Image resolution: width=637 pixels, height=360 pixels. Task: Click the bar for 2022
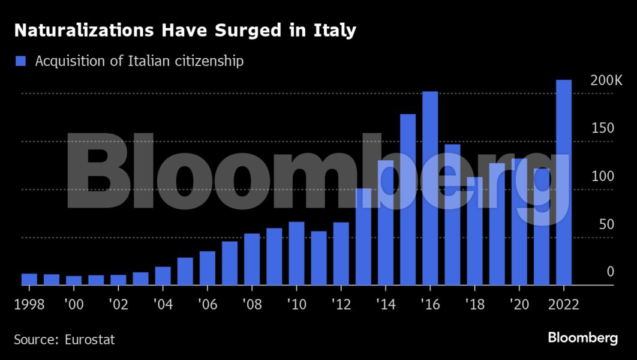click(x=563, y=183)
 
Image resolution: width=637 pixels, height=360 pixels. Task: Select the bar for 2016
click(x=430, y=188)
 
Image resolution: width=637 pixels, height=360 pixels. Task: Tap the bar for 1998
click(x=29, y=279)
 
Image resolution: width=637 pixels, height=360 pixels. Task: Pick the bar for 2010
click(x=296, y=254)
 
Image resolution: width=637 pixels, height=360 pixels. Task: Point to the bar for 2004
click(x=163, y=276)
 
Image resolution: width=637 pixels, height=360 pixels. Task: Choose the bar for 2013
click(x=363, y=237)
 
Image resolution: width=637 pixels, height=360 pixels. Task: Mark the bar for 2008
click(x=252, y=259)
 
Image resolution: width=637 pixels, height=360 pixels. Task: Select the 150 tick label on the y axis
click(x=603, y=128)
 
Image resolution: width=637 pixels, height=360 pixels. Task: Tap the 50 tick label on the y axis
click(x=606, y=224)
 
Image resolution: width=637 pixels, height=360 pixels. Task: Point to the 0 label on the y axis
click(x=610, y=272)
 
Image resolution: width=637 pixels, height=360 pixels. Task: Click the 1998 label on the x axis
click(x=29, y=304)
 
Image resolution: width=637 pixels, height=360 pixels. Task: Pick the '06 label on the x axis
click(x=207, y=304)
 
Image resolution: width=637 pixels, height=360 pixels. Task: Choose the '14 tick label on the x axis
click(x=384, y=304)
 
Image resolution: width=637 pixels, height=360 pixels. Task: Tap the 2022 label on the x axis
click(x=563, y=304)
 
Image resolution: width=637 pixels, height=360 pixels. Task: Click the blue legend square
click(x=21, y=61)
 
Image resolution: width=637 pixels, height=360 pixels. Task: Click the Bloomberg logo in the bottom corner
click(x=582, y=338)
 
